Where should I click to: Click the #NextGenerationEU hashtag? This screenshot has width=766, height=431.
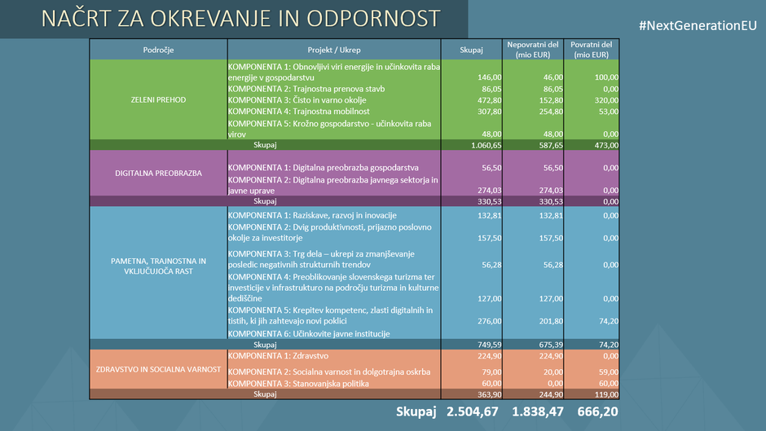coord(698,26)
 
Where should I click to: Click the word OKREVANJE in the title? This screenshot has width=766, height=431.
coord(200,18)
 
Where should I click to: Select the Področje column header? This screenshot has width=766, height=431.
coord(158,50)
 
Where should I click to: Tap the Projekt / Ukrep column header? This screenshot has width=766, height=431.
coord(334,50)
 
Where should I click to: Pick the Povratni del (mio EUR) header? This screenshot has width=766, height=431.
coord(591,50)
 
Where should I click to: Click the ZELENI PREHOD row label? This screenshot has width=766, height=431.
coord(158,99)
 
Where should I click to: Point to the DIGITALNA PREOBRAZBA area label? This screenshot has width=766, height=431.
coord(158,173)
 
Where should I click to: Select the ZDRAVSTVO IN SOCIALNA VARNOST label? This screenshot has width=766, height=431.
coord(158,369)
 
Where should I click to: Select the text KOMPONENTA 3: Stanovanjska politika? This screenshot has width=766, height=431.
coord(299,383)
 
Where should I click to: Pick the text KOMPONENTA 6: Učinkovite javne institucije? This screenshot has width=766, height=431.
coord(309,333)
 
